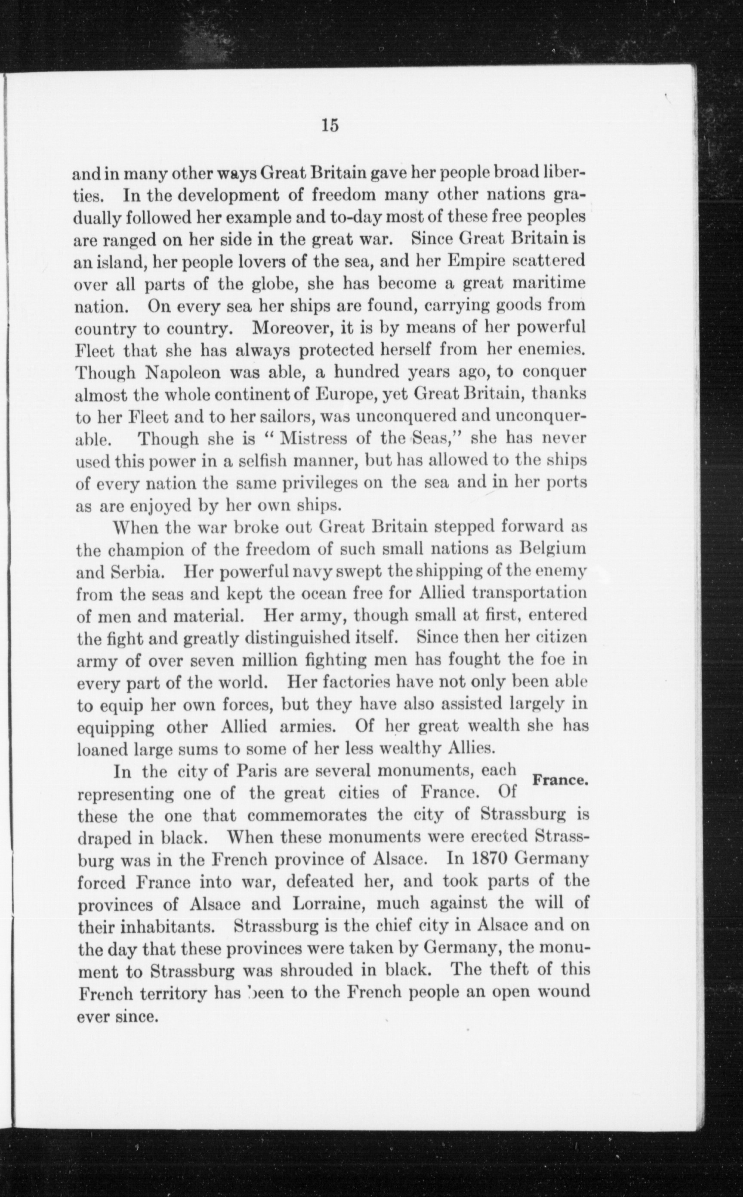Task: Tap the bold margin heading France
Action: pyautogui.click(x=560, y=780)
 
